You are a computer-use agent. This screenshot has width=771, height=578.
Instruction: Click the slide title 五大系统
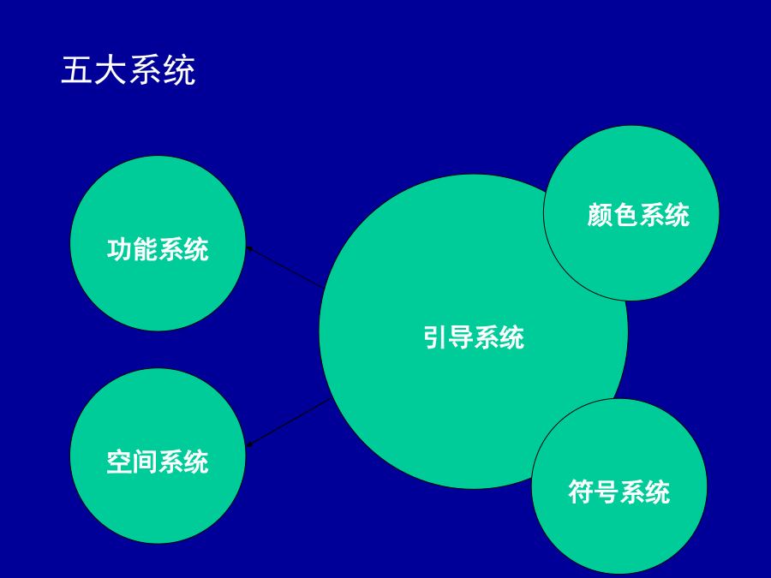[x=128, y=71]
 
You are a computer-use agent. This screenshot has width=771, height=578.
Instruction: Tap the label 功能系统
[x=158, y=249]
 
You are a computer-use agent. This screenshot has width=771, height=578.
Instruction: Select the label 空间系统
[x=158, y=462]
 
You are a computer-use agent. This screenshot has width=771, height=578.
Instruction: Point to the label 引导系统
[x=474, y=337]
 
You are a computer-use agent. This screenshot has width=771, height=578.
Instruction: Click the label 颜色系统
[x=638, y=214]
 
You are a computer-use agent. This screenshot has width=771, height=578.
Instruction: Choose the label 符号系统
[x=619, y=492]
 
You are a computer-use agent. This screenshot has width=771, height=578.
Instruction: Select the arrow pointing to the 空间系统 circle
[x=289, y=422]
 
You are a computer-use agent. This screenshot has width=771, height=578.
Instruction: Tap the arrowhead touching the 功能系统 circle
[x=249, y=248]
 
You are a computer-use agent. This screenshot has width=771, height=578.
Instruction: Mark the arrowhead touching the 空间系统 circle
[x=249, y=444]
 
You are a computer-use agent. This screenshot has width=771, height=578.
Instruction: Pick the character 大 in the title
[x=111, y=71]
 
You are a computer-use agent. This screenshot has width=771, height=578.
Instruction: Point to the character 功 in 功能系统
[x=119, y=249]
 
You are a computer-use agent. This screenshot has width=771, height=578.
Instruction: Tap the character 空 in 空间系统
[x=119, y=462]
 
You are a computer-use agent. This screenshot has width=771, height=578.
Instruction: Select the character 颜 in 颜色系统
[x=600, y=214]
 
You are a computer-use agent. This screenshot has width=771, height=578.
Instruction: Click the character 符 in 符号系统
[x=581, y=492]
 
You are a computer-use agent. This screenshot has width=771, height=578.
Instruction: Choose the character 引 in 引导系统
[x=435, y=337]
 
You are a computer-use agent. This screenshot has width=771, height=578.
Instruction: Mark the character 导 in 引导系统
[x=461, y=337]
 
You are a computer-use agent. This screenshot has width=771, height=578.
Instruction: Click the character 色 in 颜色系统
[x=625, y=214]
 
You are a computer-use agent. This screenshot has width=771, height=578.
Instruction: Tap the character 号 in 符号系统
[x=606, y=492]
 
